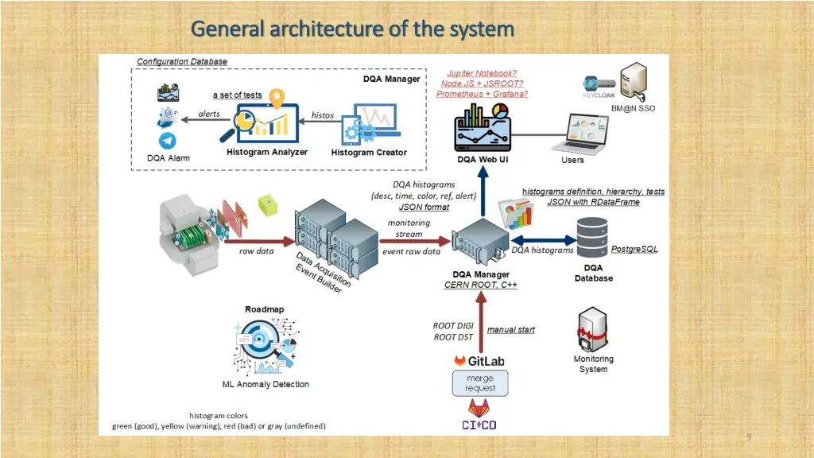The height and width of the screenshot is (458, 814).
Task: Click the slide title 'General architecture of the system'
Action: pos(352,29)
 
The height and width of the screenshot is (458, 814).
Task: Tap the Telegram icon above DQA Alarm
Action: pos(168,141)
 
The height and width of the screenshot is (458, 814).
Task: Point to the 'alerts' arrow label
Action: pos(209,114)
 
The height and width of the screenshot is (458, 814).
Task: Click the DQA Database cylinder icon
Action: pos(595,235)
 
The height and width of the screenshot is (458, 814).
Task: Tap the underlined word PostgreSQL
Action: pos(634,250)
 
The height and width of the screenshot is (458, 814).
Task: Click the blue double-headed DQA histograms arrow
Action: pos(543,239)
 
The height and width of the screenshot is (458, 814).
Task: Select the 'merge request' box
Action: pos(480,383)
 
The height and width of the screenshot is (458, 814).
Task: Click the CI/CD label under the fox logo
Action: pos(479,425)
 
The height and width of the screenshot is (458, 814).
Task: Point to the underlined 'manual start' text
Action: pos(510,329)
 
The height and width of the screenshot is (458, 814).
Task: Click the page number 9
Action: pos(748,437)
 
